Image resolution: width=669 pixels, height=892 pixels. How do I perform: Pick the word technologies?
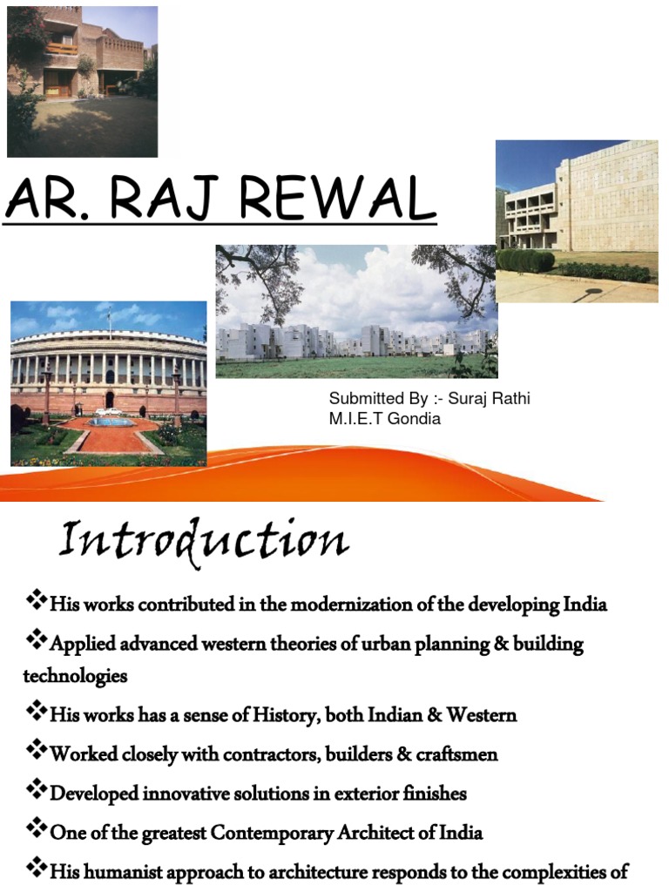[75, 675]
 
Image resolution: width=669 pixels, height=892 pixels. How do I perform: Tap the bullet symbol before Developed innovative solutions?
[36, 792]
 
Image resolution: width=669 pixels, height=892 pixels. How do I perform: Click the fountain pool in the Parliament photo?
[111, 422]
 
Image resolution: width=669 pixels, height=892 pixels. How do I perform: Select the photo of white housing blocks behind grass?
[356, 311]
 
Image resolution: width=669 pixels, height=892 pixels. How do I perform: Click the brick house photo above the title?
[82, 81]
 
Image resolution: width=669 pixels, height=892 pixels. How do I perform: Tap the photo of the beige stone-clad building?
[577, 221]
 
